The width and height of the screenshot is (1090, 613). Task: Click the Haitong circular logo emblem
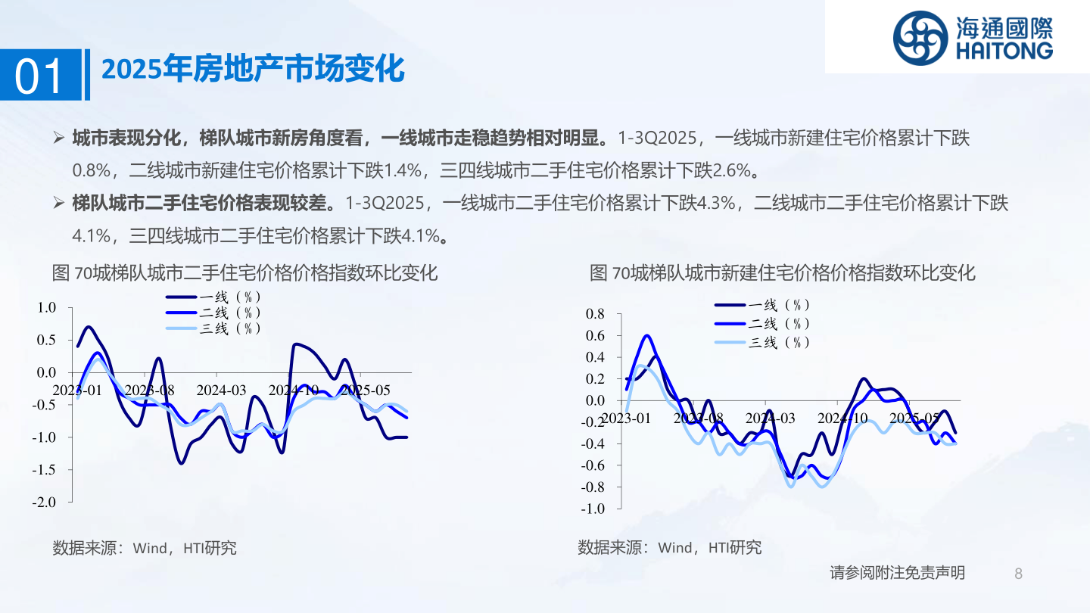click(x=920, y=38)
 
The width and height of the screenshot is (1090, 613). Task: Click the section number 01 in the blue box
click(x=39, y=76)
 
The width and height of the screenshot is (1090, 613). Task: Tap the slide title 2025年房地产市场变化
click(x=253, y=69)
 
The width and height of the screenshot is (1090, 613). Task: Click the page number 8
click(x=1019, y=574)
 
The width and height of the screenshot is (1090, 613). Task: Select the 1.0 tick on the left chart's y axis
click(x=47, y=307)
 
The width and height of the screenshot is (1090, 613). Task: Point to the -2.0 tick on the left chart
click(x=44, y=502)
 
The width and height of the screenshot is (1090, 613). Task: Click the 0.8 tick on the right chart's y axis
click(x=595, y=314)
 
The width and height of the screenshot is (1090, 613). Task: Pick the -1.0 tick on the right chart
click(x=593, y=509)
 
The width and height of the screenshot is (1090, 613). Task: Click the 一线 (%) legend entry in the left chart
click(x=213, y=297)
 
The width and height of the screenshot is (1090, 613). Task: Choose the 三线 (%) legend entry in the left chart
click(x=213, y=328)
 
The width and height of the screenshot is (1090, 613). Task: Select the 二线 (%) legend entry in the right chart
click(x=762, y=324)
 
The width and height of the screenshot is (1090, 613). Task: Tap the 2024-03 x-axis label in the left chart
click(x=221, y=391)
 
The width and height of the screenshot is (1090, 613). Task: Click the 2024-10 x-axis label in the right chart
click(x=842, y=418)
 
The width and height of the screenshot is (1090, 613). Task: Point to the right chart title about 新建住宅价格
click(x=783, y=273)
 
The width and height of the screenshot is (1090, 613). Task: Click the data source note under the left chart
click(x=145, y=548)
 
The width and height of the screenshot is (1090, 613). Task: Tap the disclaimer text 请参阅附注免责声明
click(x=897, y=573)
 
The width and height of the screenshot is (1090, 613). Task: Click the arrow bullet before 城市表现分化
click(x=59, y=138)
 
